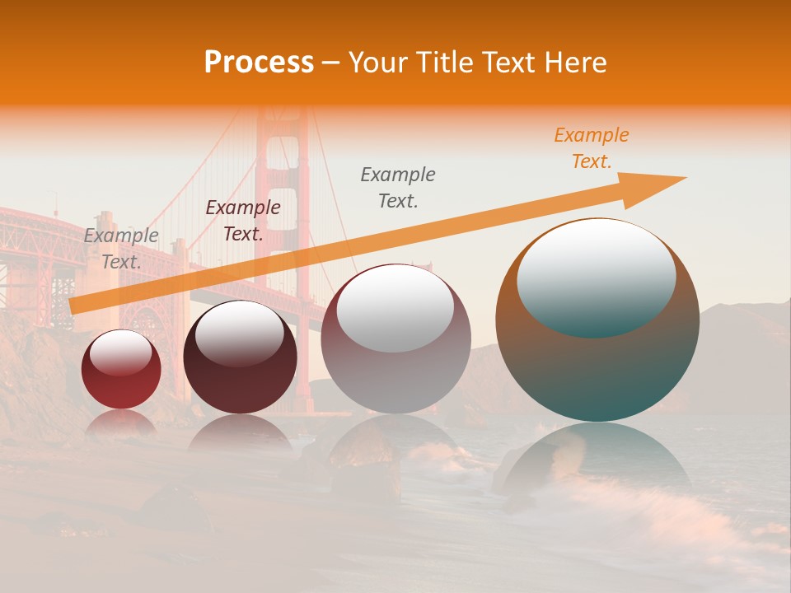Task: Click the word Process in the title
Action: click(x=259, y=63)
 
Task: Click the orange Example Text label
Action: click(x=592, y=148)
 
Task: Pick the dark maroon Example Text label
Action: click(x=243, y=221)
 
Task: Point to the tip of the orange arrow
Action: click(x=684, y=178)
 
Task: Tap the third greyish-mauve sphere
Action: click(x=395, y=362)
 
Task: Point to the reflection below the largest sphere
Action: click(x=597, y=461)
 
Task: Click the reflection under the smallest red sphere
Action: click(x=121, y=422)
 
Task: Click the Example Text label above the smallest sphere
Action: click(x=121, y=249)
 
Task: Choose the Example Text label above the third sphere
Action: click(x=398, y=188)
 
